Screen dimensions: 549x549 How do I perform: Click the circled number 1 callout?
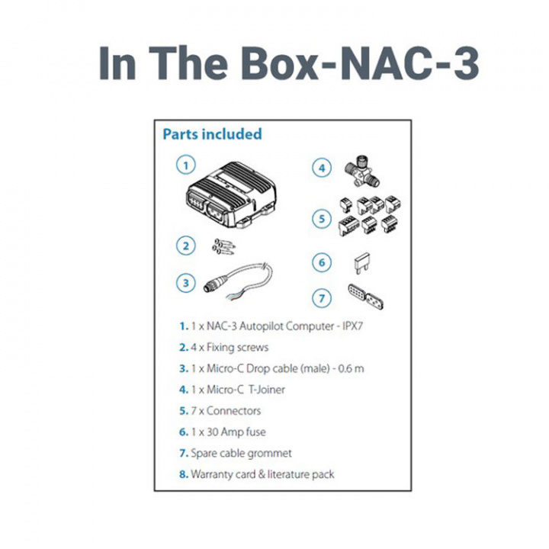(184, 163)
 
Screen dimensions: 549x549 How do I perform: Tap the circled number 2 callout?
(184, 246)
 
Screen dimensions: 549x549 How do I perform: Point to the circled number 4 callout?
(323, 167)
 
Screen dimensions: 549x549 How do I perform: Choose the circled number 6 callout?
(323, 263)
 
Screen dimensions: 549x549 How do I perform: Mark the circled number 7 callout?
(323, 297)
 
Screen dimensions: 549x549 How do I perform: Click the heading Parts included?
(212, 134)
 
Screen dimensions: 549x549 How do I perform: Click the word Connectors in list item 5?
(233, 410)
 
